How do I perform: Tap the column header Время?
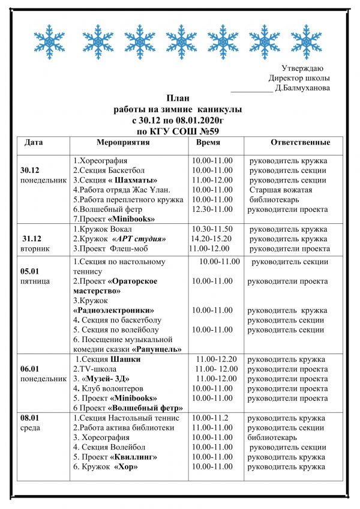pos(208,143)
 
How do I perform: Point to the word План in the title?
pos(177,98)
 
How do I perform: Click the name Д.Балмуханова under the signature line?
pos(302,88)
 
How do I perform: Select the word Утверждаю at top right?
pos(302,67)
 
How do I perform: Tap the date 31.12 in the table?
pos(31,238)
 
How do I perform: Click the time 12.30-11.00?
pos(212,209)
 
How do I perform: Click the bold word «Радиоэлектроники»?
pos(113,310)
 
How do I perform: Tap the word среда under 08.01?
pos(30,428)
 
